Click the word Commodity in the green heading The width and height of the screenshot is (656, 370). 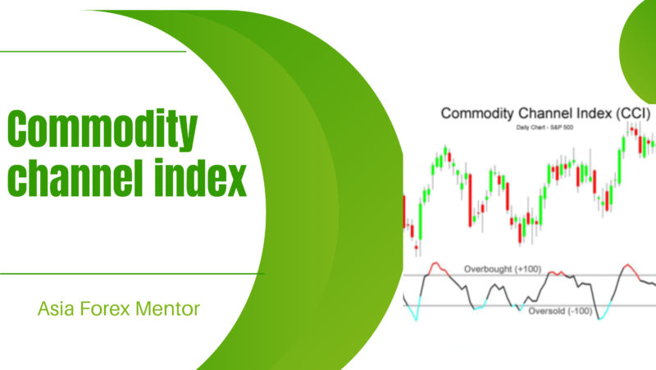point(102,130)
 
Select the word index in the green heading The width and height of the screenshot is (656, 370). point(196,178)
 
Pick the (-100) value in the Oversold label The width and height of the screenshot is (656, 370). point(583,311)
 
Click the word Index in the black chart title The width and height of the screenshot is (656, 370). point(584,114)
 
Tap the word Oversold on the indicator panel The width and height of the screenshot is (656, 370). point(545,311)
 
